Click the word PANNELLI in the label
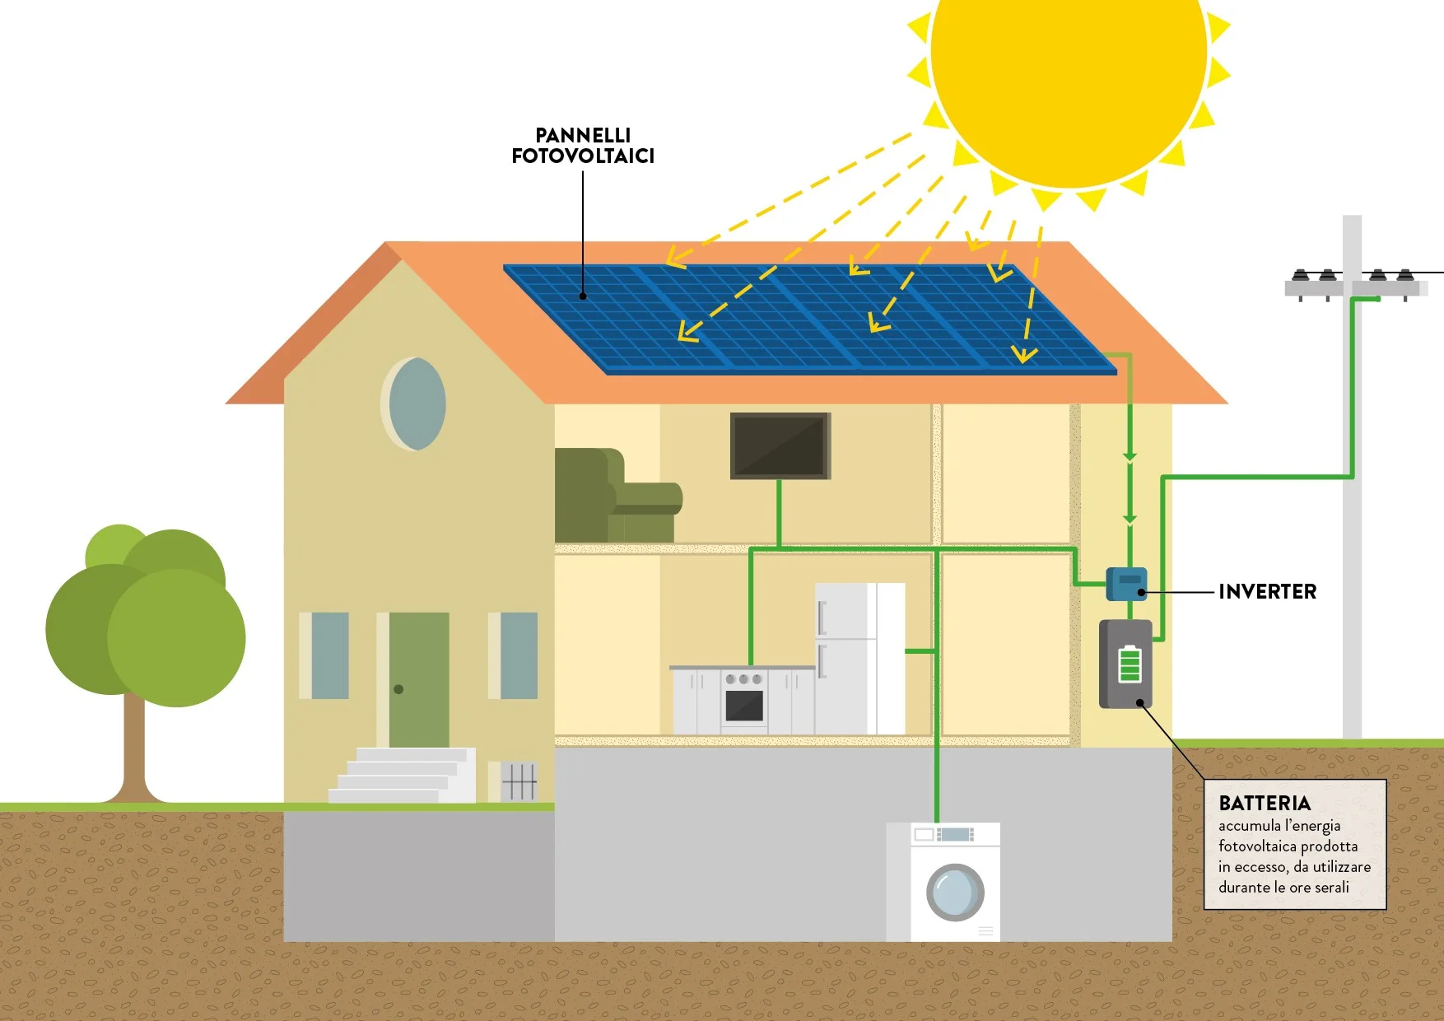(583, 135)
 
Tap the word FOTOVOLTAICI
(583, 156)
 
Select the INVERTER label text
(1267, 591)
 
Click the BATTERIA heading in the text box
(1264, 803)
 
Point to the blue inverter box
(1125, 584)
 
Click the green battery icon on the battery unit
(1130, 664)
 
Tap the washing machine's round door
(955, 893)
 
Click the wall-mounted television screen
(780, 445)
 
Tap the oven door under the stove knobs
(744, 706)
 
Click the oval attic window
(417, 403)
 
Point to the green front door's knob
(398, 689)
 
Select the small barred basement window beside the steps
(519, 781)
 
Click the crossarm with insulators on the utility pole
(1354, 287)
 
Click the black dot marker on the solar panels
(583, 296)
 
